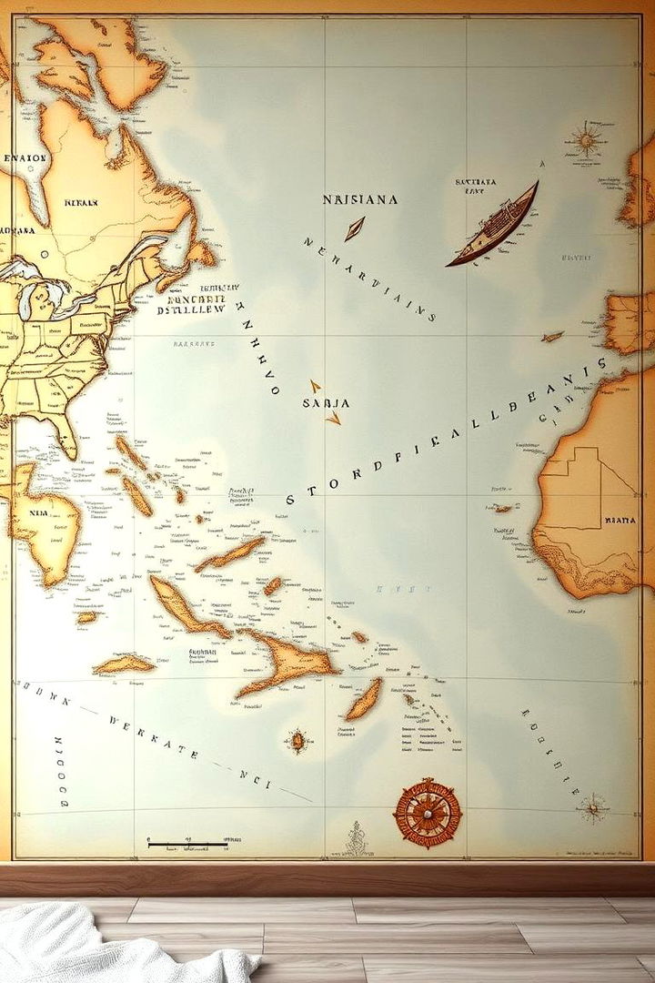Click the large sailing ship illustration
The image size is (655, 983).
(x=492, y=226)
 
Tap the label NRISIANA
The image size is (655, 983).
(x=359, y=198)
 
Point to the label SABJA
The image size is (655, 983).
(x=325, y=402)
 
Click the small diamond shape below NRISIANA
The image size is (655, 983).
(x=354, y=228)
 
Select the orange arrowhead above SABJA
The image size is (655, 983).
(x=315, y=386)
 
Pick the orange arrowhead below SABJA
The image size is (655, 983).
(x=333, y=418)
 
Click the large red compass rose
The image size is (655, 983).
(x=427, y=813)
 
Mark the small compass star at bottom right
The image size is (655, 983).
(x=593, y=806)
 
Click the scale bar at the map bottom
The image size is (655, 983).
(x=187, y=845)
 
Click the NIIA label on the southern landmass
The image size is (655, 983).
(x=37, y=512)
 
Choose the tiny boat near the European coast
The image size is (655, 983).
(x=551, y=337)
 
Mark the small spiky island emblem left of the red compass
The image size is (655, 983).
(x=297, y=740)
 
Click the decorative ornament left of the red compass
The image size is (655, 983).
(x=356, y=838)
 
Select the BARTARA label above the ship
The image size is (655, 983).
(x=476, y=182)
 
